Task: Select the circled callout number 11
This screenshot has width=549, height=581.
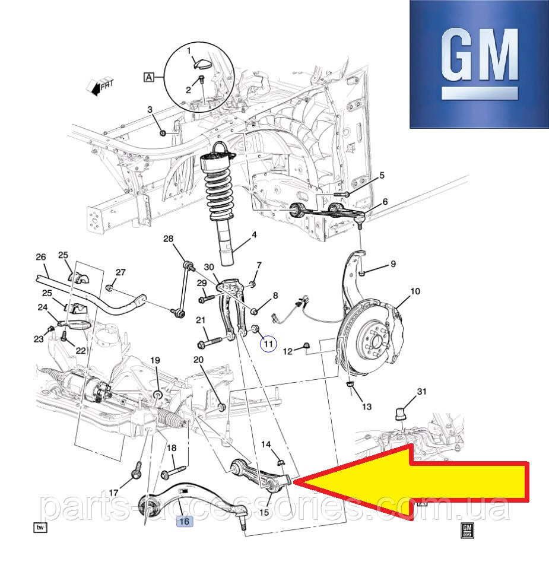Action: coord(268,342)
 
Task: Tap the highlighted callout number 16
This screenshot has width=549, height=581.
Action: coord(184,521)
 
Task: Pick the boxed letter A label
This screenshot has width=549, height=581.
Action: coord(148,77)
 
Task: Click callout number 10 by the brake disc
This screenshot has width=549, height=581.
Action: coord(415,291)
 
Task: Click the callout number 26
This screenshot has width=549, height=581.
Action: coord(40,257)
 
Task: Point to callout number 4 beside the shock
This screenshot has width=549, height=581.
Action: coord(254,235)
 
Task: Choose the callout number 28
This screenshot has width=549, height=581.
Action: coord(169,239)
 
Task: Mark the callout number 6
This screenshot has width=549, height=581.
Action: coord(385,202)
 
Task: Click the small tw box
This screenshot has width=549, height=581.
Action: coord(40,527)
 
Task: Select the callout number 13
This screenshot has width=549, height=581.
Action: coord(366,407)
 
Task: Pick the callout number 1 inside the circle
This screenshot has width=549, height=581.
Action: coord(189,51)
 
